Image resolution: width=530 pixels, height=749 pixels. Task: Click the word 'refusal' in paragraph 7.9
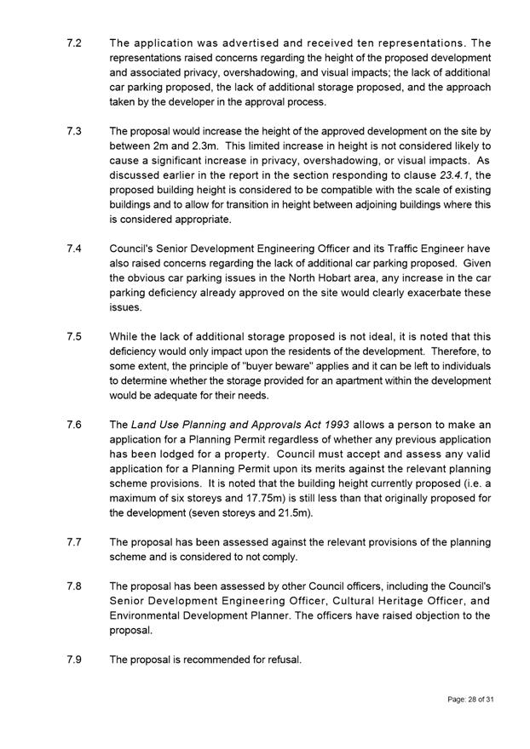click(x=281, y=660)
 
